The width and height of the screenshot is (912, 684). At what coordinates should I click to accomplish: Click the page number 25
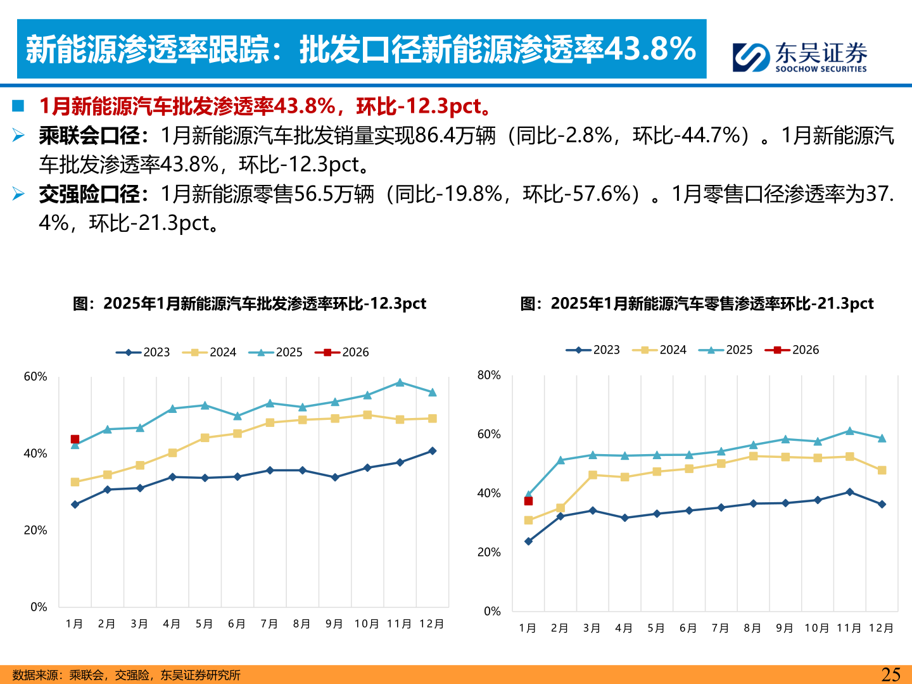pos(890,674)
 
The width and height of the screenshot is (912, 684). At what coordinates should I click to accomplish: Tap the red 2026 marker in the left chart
pos(75,439)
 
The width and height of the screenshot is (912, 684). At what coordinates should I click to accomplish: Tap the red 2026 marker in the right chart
pos(528,501)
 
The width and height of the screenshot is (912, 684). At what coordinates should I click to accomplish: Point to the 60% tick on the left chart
pos(35,377)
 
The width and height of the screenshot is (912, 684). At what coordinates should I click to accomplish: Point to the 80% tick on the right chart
pos(489,375)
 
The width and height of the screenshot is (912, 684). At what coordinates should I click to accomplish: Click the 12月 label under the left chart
pos(431,624)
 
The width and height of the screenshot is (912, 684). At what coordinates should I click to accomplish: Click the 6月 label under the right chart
pos(688,628)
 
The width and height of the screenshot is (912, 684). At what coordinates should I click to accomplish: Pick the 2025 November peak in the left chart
pos(400,383)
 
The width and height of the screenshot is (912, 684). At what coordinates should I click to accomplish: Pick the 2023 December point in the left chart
pos(433,451)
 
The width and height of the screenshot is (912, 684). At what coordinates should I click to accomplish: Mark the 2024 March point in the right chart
pos(593,475)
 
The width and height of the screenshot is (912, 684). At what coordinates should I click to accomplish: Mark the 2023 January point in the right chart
pos(528,541)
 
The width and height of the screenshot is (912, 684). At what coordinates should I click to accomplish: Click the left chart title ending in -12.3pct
pos(250,303)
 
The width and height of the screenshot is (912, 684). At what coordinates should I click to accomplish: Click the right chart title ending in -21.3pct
pos(697,303)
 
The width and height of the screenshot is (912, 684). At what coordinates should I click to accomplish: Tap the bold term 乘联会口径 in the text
pos(89,136)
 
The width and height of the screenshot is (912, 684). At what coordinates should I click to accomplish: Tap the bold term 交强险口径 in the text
pos(89,194)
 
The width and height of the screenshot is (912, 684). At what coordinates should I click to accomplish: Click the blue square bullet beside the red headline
pos(18,106)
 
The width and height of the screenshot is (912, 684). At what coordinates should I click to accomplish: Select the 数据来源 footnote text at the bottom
pos(127,675)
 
